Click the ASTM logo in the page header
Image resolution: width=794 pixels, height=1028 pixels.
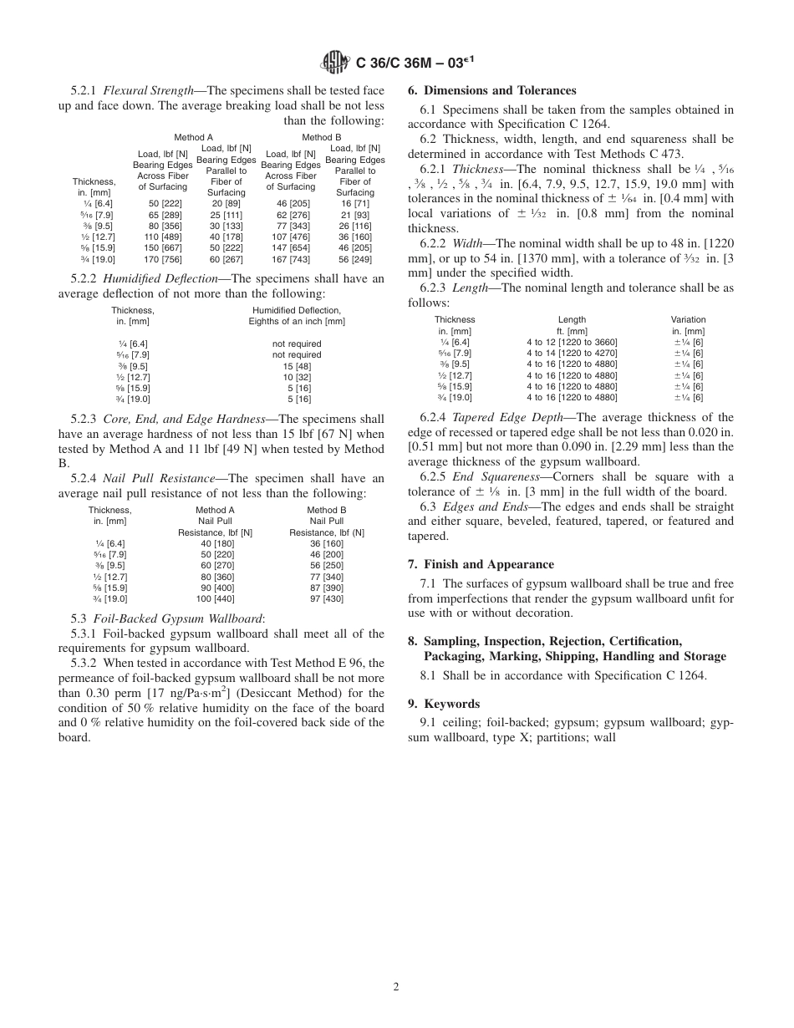[x=335, y=62]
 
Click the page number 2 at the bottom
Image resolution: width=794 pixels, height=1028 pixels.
[x=396, y=986]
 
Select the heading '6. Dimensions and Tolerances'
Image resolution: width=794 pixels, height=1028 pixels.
[x=491, y=91]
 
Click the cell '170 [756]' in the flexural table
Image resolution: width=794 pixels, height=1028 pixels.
[x=162, y=259]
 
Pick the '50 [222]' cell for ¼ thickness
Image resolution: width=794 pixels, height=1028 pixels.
[x=162, y=204]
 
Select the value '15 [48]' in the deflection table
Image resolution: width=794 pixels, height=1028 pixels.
[x=297, y=366]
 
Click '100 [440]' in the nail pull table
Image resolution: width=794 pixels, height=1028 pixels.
[x=215, y=598]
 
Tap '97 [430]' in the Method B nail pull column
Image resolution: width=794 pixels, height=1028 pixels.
[x=326, y=598]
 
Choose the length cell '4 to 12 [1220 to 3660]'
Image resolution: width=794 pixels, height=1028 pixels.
[x=572, y=342]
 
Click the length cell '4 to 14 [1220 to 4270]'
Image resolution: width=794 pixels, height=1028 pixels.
[x=572, y=353]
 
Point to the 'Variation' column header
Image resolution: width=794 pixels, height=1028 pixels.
[x=688, y=319]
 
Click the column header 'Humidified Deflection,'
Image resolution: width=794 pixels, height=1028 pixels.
[x=297, y=310]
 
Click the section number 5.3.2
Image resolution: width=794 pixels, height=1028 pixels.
[x=84, y=663]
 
